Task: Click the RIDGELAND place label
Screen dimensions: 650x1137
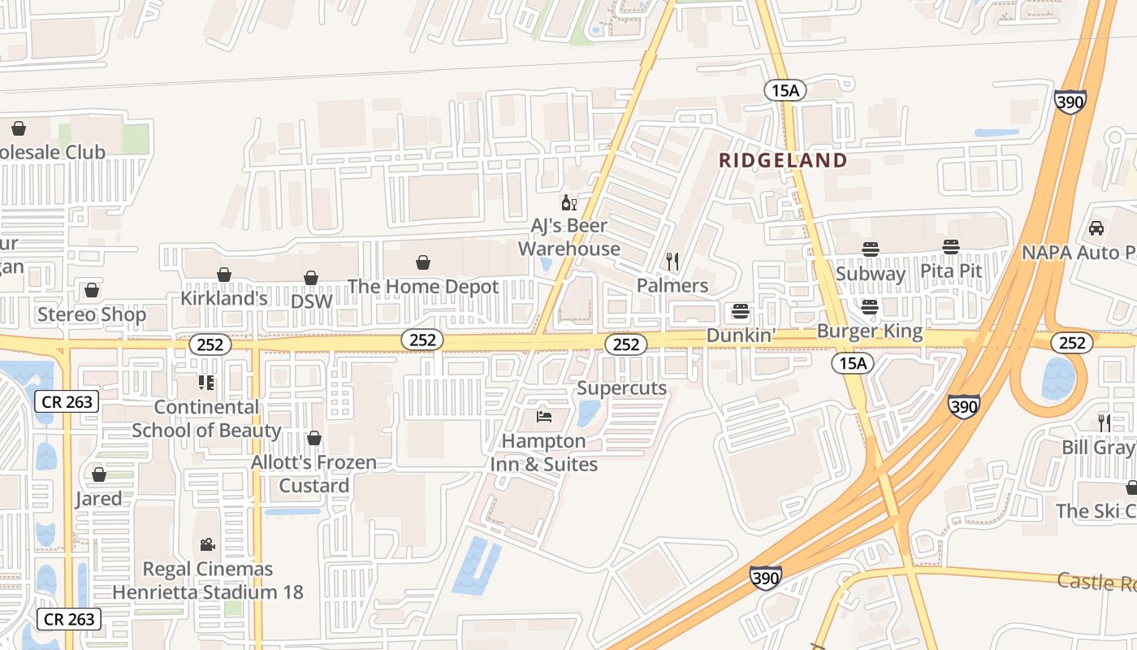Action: [x=783, y=160]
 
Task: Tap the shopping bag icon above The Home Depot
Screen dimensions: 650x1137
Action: [x=422, y=262]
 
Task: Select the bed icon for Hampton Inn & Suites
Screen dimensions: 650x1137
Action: [x=544, y=417]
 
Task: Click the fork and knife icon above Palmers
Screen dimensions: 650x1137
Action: [x=672, y=261]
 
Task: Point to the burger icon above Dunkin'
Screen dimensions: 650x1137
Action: [x=740, y=311]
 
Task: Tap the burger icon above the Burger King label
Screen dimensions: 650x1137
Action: [x=870, y=307]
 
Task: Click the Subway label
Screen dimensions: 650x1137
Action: [x=871, y=274]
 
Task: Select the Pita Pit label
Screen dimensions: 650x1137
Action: [x=951, y=271]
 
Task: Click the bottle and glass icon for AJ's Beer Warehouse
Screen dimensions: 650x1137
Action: [x=568, y=202]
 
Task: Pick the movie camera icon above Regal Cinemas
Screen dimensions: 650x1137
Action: [x=207, y=544]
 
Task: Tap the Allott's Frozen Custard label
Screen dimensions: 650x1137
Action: [x=314, y=474]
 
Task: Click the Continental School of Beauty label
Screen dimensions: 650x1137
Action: [x=206, y=418]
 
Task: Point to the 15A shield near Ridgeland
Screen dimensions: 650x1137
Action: [x=785, y=90]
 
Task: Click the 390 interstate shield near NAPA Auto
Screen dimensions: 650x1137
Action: [x=1070, y=102]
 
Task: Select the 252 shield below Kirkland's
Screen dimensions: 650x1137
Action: [x=210, y=344]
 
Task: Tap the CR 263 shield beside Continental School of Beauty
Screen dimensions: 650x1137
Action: [x=67, y=401]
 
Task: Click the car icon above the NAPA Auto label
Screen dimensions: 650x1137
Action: [x=1096, y=228]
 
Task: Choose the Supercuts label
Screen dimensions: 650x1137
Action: [x=622, y=388]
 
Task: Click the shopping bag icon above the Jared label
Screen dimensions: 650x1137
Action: [x=99, y=474]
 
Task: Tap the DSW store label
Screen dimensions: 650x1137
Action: [x=312, y=301]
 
